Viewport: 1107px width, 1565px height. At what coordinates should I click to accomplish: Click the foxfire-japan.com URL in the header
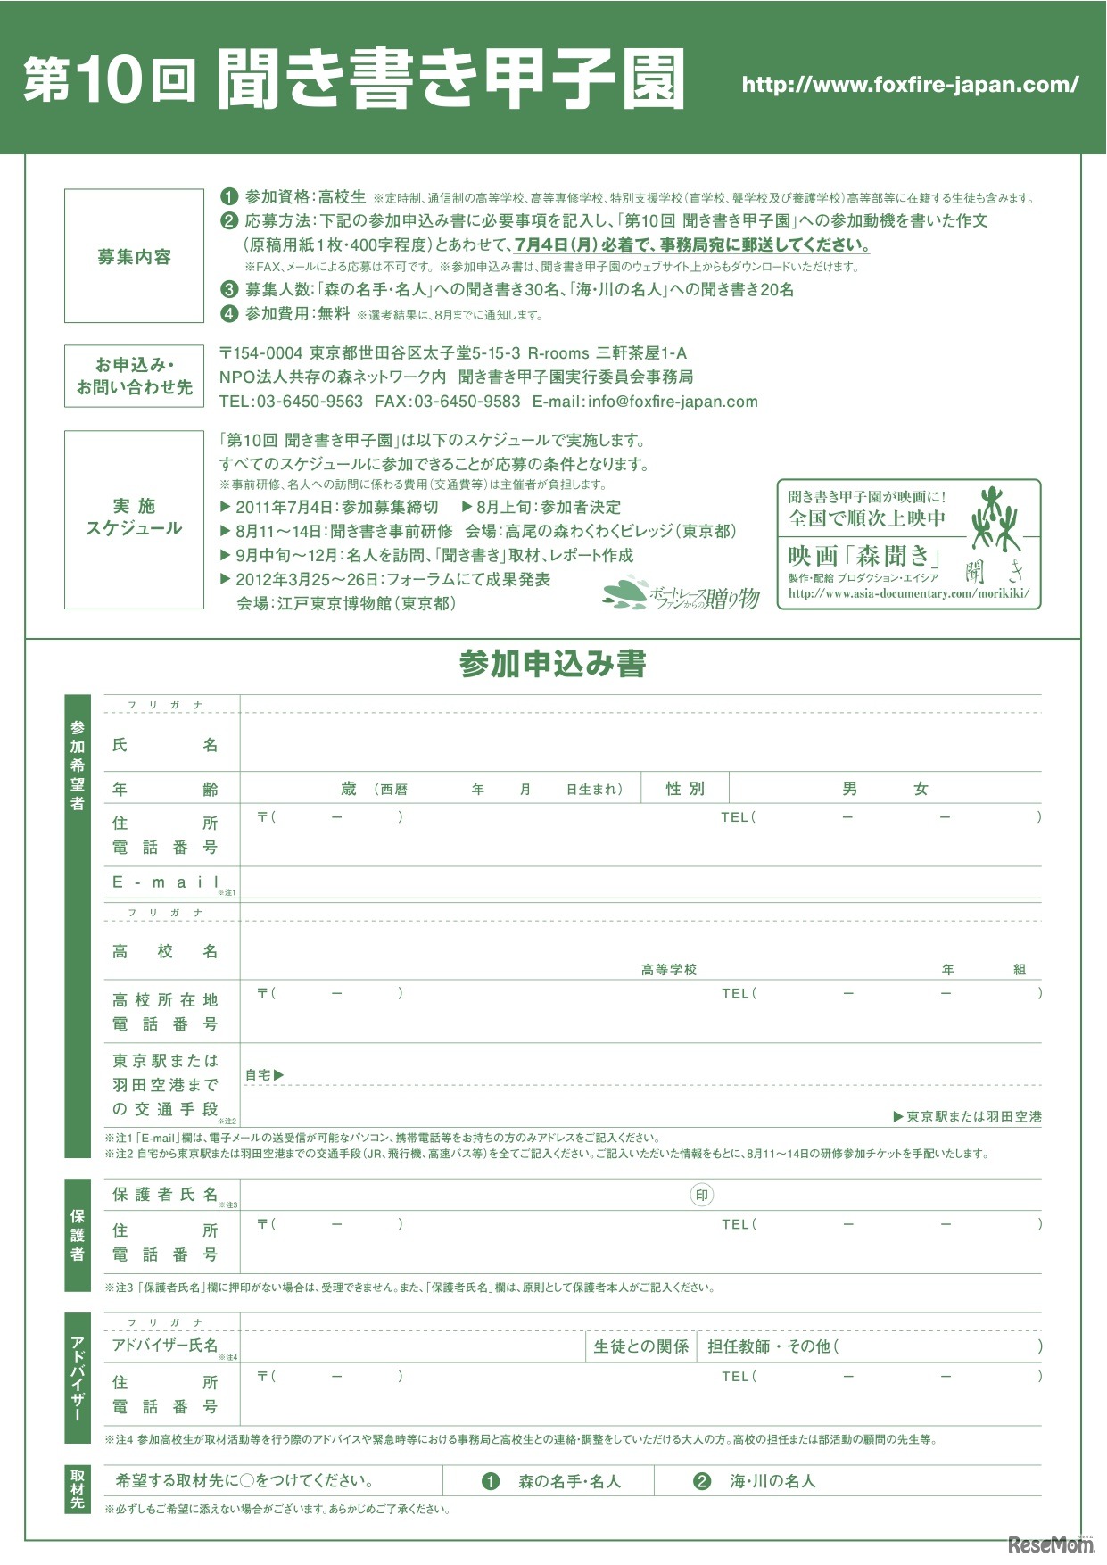[910, 85]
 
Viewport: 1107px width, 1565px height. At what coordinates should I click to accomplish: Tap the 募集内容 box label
[134, 257]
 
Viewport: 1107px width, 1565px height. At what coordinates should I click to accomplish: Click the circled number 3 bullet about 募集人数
[230, 289]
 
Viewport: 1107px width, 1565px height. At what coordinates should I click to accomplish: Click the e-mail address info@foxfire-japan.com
[673, 402]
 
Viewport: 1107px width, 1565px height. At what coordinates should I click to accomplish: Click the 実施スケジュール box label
[134, 518]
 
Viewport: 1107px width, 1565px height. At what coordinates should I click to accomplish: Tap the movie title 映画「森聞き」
[864, 556]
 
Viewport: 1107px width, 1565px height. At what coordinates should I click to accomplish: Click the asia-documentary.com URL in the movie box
[908, 593]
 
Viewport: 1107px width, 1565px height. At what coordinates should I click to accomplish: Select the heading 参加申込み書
[552, 664]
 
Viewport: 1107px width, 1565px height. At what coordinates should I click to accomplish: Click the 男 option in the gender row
[849, 789]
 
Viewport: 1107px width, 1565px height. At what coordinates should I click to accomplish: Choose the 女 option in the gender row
[921, 789]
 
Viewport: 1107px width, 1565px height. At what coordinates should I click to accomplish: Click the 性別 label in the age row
[685, 789]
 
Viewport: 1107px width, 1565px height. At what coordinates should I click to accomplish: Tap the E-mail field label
[166, 882]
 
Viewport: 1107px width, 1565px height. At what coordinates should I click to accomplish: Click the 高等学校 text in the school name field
[668, 970]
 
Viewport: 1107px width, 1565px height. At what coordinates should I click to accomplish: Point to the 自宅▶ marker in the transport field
[264, 1075]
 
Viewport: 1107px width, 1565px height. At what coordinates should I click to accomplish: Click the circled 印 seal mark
[702, 1196]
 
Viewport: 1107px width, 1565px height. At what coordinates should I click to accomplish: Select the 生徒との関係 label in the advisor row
[640, 1346]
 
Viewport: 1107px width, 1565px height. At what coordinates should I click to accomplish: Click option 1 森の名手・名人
[555, 1481]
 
